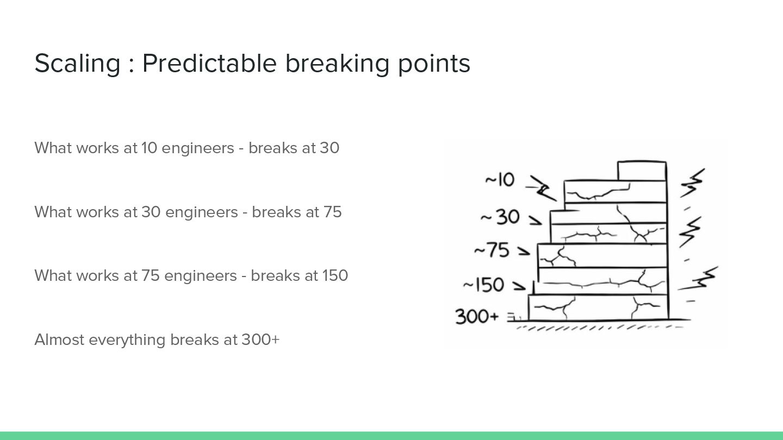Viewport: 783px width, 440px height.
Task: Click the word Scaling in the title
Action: (77, 64)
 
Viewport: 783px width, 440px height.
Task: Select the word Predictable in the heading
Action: (209, 64)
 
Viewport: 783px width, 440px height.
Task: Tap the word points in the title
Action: (433, 64)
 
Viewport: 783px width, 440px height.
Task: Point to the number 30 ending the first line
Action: (330, 148)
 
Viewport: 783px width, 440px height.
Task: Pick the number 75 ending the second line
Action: (332, 212)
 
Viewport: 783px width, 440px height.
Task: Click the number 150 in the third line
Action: (335, 275)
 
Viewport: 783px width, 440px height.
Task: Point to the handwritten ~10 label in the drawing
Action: (499, 180)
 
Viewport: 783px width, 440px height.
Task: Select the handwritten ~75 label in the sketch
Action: (492, 250)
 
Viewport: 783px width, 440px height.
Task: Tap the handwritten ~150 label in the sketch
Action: (484, 285)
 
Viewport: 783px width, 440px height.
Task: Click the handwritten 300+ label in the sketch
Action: (477, 316)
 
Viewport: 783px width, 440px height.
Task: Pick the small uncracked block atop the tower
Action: (642, 171)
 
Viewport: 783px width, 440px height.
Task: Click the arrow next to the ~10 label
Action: (538, 187)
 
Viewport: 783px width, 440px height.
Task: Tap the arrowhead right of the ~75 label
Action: (524, 252)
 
